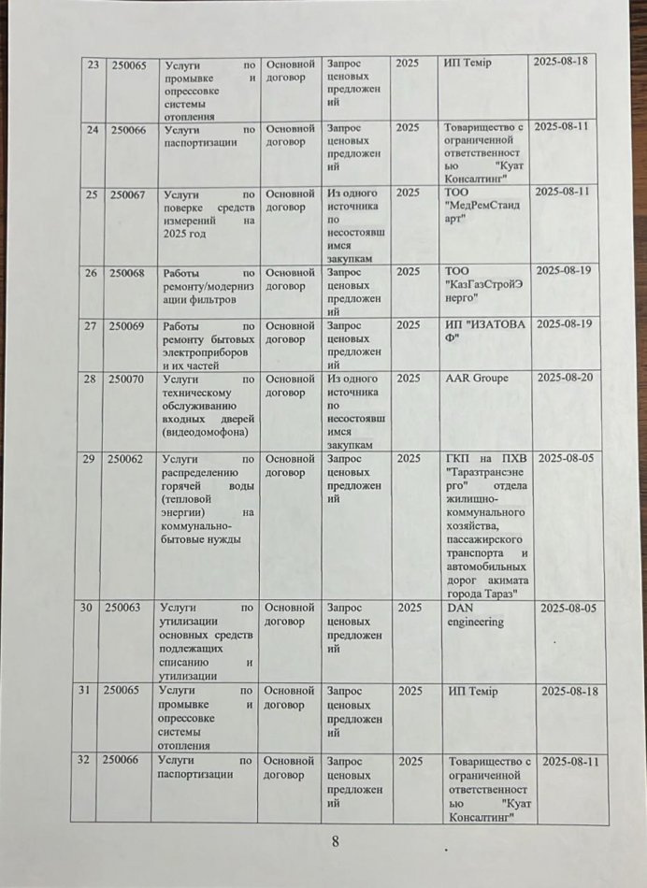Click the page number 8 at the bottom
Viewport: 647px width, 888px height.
click(335, 840)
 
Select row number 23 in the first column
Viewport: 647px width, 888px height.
click(93, 64)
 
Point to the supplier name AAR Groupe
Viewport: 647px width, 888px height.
click(477, 379)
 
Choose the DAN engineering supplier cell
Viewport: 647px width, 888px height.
click(475, 614)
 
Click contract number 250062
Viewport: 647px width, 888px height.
click(126, 459)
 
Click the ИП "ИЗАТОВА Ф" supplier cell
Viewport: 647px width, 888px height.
click(484, 331)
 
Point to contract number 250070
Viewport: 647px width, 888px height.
click(127, 380)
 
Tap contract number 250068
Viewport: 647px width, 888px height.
click(127, 273)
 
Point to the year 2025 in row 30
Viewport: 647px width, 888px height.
click(409, 608)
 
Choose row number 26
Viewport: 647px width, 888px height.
click(92, 273)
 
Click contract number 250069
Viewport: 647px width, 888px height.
click(127, 325)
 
